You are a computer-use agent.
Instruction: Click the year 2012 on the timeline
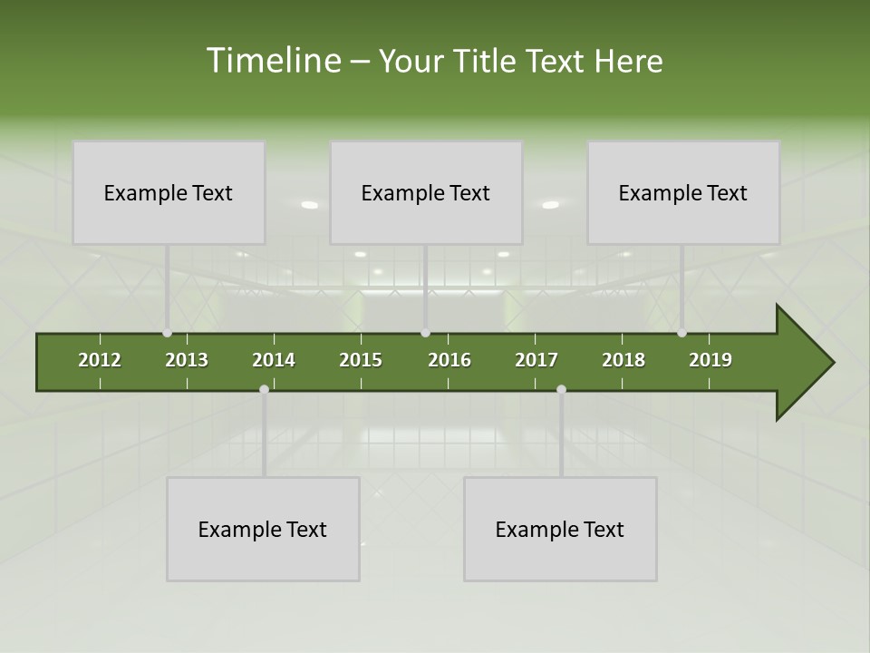[x=100, y=360]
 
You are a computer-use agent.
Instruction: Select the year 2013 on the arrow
[x=187, y=360]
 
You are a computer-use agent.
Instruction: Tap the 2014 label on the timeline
[x=274, y=360]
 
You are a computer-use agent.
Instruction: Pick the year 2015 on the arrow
[x=361, y=360]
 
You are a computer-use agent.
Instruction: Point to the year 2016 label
[x=449, y=360]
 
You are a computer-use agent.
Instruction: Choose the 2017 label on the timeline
[x=536, y=360]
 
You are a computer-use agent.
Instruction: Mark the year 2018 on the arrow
[x=623, y=360]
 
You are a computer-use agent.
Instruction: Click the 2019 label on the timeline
[x=710, y=360]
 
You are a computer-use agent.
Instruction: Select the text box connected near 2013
[x=169, y=192]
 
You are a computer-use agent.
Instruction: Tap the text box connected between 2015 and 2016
[x=426, y=192]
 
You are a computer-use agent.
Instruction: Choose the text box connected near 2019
[x=683, y=192]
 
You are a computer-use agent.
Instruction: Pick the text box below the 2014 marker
[x=263, y=529]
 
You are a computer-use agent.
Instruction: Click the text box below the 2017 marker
[x=560, y=529]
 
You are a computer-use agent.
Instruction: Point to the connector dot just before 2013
[x=167, y=333]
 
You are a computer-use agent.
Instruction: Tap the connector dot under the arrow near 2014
[x=264, y=389]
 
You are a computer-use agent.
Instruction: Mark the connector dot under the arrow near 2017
[x=561, y=389]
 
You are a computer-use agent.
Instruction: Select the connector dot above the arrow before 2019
[x=681, y=333]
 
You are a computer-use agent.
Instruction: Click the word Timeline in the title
[x=273, y=61]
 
